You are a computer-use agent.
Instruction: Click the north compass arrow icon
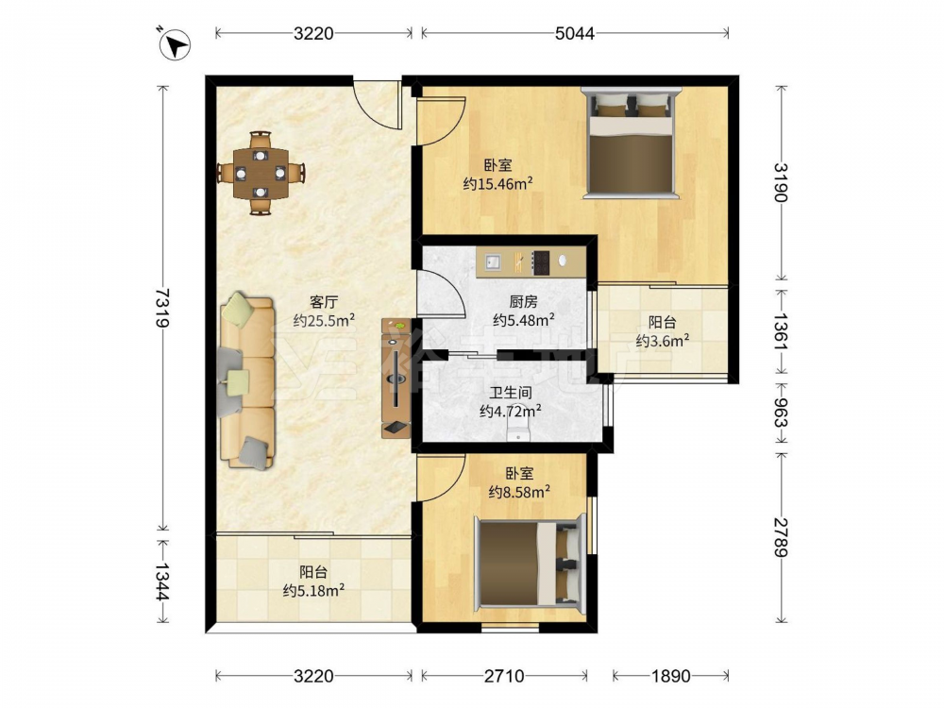tap(175, 44)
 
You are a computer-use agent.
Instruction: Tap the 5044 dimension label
tap(574, 33)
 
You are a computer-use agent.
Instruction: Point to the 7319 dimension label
tap(162, 308)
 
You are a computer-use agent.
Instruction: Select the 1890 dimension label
tap(670, 676)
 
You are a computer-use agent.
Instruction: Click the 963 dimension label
tap(781, 413)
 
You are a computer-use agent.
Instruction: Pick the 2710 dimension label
tap(504, 676)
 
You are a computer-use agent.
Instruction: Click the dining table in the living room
tap(261, 173)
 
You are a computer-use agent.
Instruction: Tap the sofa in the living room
tap(247, 381)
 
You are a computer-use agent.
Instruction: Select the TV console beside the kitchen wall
tap(396, 379)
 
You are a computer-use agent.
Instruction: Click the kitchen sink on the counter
tap(493, 261)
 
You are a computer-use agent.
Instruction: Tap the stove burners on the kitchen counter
tap(541, 262)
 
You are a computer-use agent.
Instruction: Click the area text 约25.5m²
tap(323, 321)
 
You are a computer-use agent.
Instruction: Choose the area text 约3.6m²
tap(663, 342)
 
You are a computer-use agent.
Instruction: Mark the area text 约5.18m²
tap(313, 591)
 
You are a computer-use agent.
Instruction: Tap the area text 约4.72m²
tap(510, 412)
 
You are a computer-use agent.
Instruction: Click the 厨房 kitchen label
tap(523, 301)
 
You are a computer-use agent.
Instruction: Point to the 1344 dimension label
tap(162, 582)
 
